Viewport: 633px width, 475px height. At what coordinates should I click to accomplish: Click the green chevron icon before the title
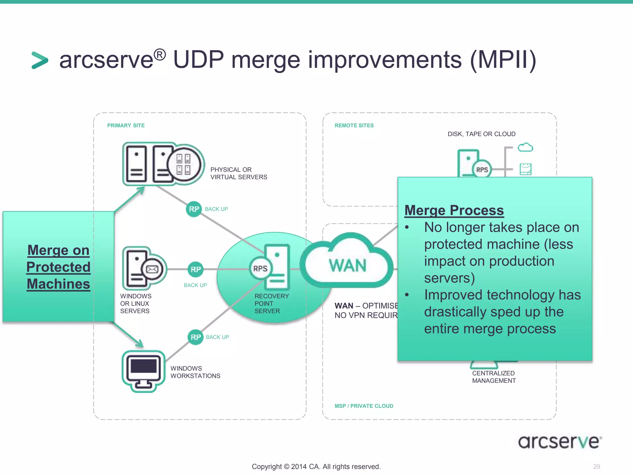click(x=40, y=60)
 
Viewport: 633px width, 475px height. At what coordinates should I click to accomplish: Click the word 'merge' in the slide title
click(x=265, y=60)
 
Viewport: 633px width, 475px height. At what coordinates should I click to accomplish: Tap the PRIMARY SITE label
click(x=126, y=126)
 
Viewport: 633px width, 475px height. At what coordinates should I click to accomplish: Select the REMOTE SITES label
click(x=354, y=126)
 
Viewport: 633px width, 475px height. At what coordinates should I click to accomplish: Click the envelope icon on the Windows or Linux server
click(x=152, y=269)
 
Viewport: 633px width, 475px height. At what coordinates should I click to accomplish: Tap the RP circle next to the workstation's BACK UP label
click(x=196, y=337)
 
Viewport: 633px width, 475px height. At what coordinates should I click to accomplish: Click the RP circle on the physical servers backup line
click(x=194, y=209)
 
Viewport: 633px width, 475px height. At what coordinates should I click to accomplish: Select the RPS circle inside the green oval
click(x=260, y=268)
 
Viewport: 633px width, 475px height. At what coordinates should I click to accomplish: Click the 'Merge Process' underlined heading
click(x=454, y=210)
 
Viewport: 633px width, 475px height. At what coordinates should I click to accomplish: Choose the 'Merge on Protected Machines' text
click(x=58, y=267)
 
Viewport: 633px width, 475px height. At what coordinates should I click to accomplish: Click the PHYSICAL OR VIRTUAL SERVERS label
click(x=239, y=173)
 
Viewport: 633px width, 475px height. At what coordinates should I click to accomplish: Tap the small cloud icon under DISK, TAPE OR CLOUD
click(x=525, y=147)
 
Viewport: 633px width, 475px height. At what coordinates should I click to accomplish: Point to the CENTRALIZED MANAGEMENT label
click(x=494, y=377)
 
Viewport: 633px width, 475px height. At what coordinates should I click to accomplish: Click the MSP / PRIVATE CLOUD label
click(x=364, y=406)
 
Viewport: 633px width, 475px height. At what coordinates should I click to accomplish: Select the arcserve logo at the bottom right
click(x=559, y=442)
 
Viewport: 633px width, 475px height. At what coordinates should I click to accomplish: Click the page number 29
click(x=597, y=466)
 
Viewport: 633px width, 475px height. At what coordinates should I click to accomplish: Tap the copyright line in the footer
click(x=316, y=467)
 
